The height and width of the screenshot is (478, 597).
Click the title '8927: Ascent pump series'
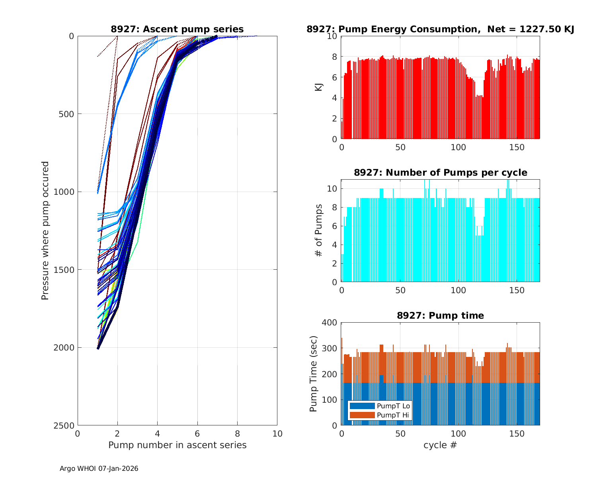point(177,29)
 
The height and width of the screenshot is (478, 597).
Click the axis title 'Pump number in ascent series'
point(177,445)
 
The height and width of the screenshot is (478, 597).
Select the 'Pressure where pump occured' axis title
point(45,231)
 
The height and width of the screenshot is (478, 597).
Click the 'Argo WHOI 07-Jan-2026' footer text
point(99,468)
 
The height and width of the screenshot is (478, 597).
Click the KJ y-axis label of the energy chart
point(319,87)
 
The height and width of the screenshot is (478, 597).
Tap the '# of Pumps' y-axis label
point(319,230)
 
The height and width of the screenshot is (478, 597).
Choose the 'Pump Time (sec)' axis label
point(314,374)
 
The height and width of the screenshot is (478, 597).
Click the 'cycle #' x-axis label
point(440,445)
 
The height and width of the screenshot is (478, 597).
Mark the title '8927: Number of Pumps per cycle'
point(440,172)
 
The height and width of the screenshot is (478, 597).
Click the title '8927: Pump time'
point(440,315)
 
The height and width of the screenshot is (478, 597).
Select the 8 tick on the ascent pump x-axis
point(237,434)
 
